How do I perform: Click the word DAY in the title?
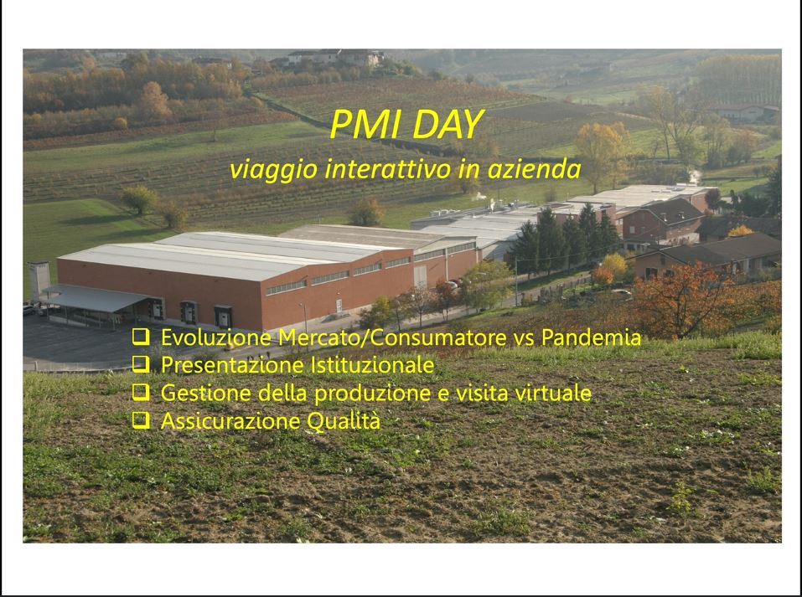click(448, 124)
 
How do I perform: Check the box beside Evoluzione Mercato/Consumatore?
click(141, 337)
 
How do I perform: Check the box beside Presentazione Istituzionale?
click(141, 364)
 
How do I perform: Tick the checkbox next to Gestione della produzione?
click(141, 392)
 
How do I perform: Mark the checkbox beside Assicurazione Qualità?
click(141, 420)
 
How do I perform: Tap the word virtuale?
click(553, 393)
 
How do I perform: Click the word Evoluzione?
click(216, 337)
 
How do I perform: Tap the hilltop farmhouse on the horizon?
click(333, 56)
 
